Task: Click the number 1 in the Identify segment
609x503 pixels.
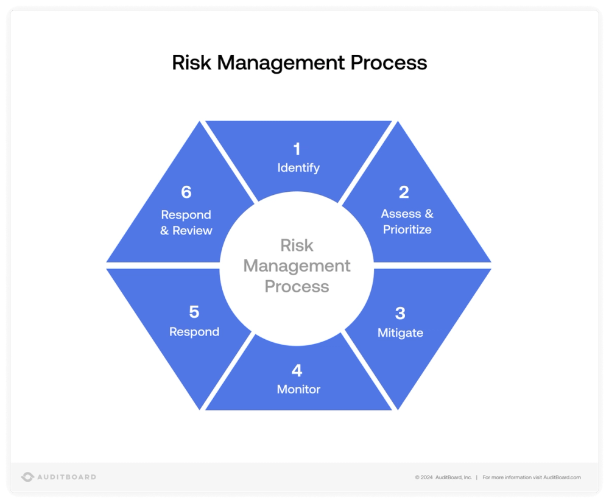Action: click(297, 149)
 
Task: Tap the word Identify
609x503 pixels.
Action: click(298, 168)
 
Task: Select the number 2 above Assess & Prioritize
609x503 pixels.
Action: click(404, 192)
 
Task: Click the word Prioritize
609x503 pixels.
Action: click(407, 230)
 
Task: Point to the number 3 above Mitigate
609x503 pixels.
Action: click(400, 314)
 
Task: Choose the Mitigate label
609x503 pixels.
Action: click(400, 333)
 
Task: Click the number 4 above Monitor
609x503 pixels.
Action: click(297, 370)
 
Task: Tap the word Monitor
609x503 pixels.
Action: click(298, 389)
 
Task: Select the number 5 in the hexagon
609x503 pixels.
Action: click(194, 312)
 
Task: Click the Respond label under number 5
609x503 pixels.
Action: click(194, 332)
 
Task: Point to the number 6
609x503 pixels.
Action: click(186, 192)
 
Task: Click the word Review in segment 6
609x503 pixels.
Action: click(192, 231)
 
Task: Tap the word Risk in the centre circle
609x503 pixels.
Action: click(297, 245)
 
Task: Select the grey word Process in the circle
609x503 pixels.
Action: click(297, 286)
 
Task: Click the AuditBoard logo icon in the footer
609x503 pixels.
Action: click(27, 477)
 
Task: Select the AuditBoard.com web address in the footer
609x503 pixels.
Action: click(562, 477)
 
